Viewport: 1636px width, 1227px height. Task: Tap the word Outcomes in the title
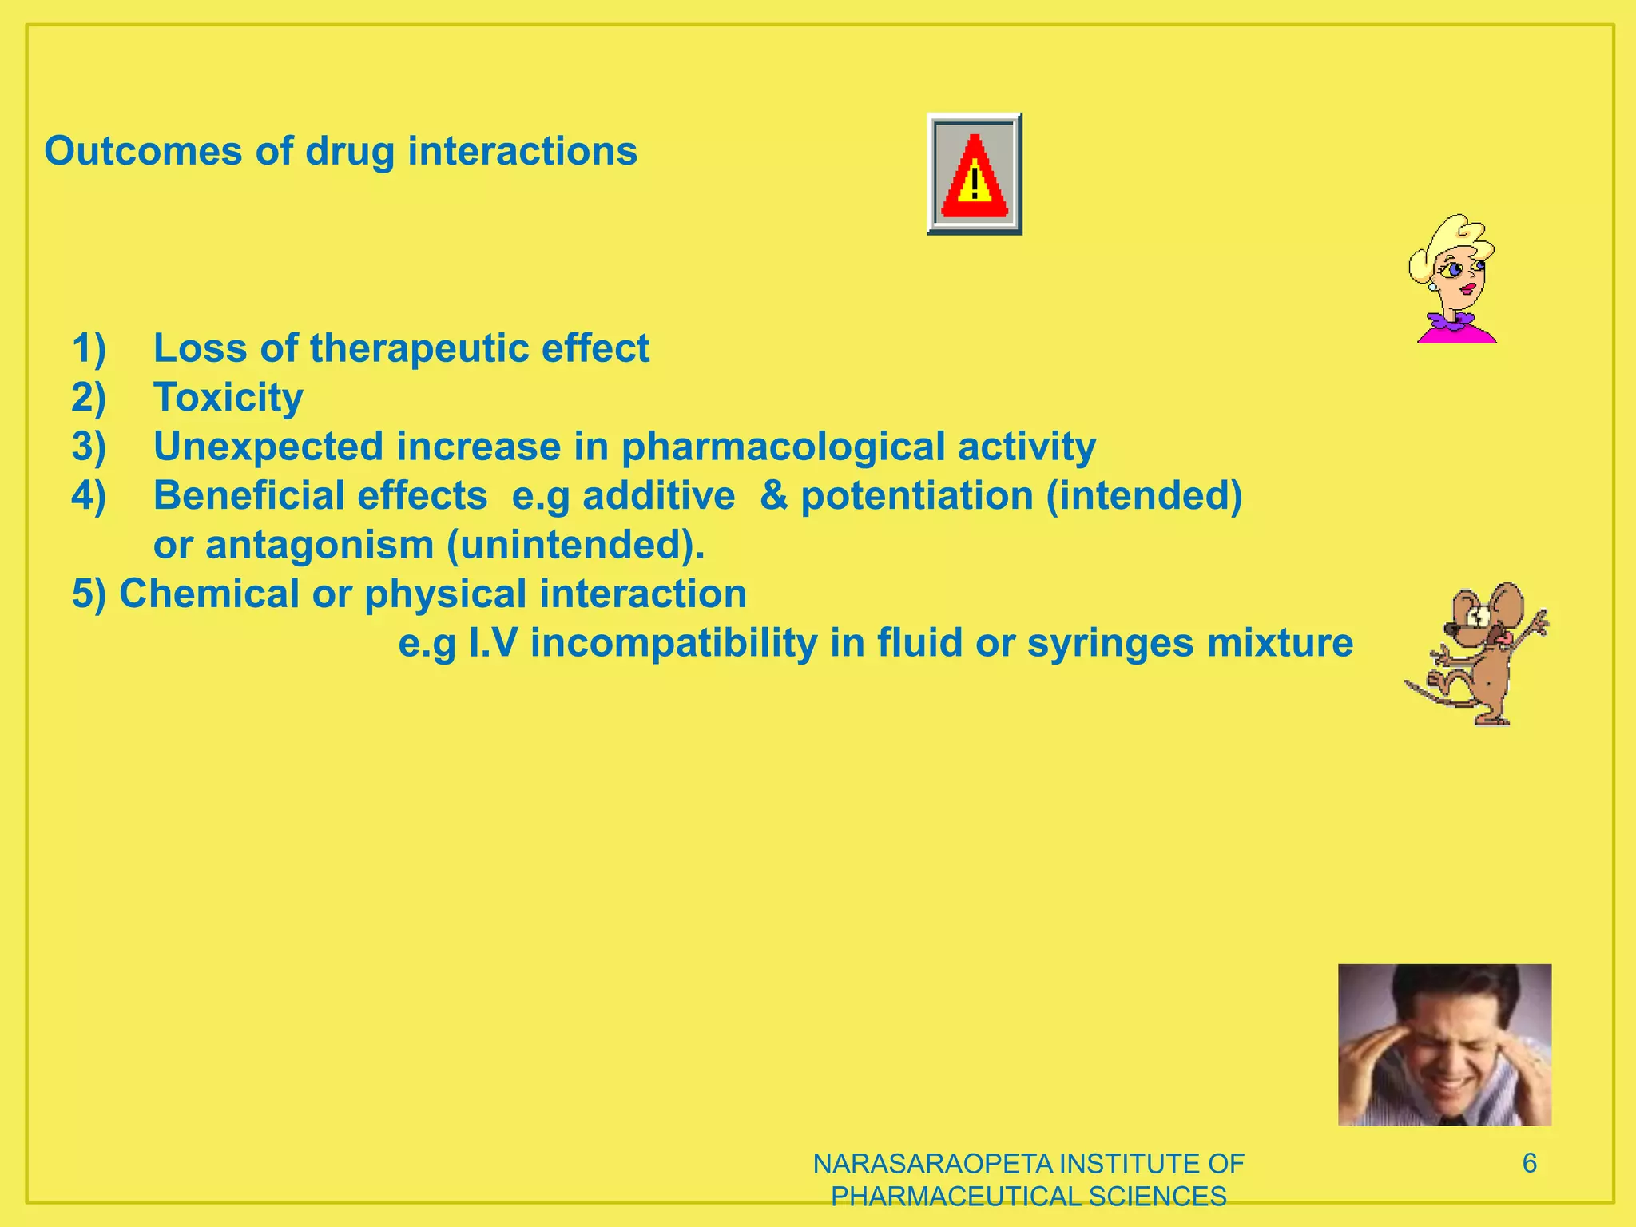pyautogui.click(x=143, y=151)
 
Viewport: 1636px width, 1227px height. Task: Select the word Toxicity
pyautogui.click(x=228, y=397)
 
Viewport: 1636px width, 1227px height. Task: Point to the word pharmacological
pyautogui.click(x=783, y=447)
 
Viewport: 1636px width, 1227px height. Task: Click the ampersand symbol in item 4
pyautogui.click(x=773, y=495)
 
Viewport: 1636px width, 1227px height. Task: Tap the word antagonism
pyautogui.click(x=320, y=545)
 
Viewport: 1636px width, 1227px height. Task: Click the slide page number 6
pyautogui.click(x=1529, y=1163)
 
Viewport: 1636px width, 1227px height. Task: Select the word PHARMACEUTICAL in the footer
pyautogui.click(x=955, y=1197)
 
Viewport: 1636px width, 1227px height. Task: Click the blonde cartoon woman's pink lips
pyautogui.click(x=1467, y=288)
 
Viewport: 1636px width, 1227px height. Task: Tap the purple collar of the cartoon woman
pyautogui.click(x=1452, y=321)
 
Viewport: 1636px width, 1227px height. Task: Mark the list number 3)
pyautogui.click(x=89, y=447)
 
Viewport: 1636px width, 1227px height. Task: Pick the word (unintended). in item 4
pyautogui.click(x=575, y=545)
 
